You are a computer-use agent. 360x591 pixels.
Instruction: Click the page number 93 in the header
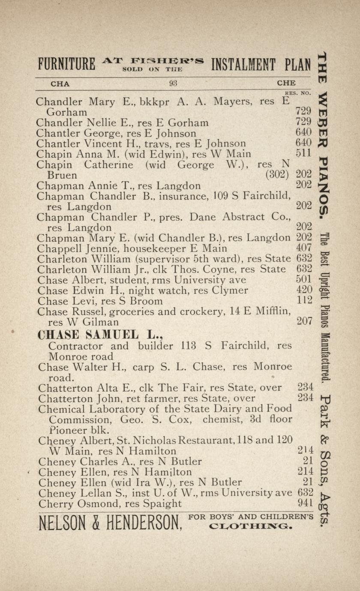click(x=173, y=84)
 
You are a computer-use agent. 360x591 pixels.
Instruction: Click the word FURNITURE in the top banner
click(x=66, y=65)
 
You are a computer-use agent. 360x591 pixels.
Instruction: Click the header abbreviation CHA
click(x=60, y=84)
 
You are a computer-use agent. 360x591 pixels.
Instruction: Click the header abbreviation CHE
click(x=286, y=84)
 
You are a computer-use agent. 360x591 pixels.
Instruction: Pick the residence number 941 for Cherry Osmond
click(x=305, y=504)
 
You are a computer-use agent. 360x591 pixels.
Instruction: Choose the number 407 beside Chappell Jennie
click(x=304, y=248)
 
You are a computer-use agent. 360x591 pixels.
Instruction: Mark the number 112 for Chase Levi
click(x=305, y=301)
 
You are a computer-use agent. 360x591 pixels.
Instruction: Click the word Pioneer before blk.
click(x=66, y=429)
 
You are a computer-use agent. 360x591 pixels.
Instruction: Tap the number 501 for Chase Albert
click(x=304, y=280)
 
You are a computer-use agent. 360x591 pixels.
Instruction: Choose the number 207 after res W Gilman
click(x=305, y=321)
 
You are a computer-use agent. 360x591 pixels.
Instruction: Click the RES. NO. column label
click(x=297, y=93)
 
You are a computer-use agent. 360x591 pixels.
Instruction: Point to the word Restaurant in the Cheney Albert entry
click(x=207, y=440)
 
